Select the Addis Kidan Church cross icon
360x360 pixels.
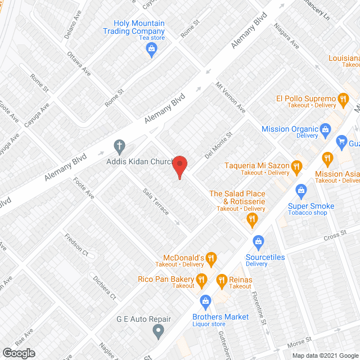pos(119,148)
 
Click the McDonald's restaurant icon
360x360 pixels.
pos(211,259)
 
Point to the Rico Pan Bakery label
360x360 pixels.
pos(166,279)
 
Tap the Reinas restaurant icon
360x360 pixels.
pos(222,280)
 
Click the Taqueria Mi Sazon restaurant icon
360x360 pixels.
pos(298,166)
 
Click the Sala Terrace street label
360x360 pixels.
pos(156,201)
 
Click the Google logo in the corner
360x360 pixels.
pos(18,353)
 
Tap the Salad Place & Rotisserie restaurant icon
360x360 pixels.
pos(253,219)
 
